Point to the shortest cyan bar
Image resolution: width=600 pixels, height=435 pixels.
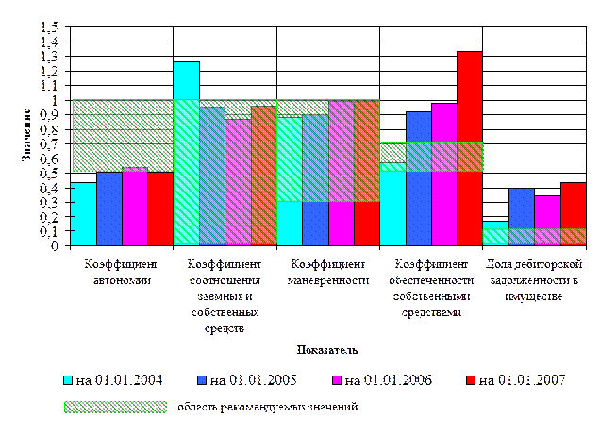[495, 233]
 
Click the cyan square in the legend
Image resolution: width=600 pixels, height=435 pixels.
[68, 380]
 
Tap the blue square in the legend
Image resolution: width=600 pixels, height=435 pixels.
[202, 380]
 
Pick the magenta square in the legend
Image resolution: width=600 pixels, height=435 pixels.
[337, 380]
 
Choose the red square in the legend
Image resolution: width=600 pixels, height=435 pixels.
[471, 380]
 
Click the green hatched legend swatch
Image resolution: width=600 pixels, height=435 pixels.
[115, 408]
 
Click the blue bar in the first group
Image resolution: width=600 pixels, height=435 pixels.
[109, 209]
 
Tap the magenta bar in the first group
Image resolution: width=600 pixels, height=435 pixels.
[135, 207]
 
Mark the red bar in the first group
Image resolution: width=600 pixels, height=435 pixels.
[160, 209]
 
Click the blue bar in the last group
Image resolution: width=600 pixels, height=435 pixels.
[521, 216]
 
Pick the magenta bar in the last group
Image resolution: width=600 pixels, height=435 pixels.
[547, 220]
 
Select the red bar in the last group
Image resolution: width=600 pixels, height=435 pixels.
[573, 213]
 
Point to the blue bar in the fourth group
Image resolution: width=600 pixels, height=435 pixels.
[419, 179]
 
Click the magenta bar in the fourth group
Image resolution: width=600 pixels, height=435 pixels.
[444, 175]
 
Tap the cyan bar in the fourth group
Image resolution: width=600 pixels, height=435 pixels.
[392, 204]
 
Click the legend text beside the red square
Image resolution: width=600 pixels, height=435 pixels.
[523, 380]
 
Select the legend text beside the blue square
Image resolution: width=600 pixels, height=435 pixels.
[254, 380]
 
